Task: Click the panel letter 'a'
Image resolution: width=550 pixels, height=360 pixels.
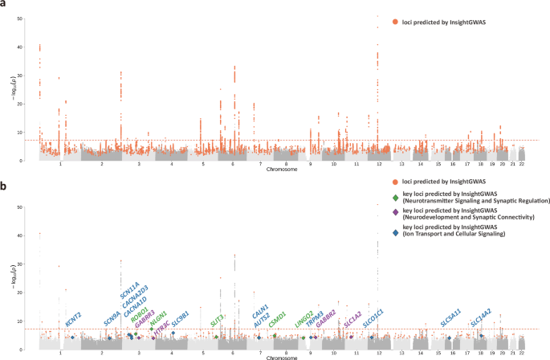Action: tap(5, 5)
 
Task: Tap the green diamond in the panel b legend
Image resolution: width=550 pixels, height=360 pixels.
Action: tap(395, 198)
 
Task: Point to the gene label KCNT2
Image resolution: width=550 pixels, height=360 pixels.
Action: tap(73, 320)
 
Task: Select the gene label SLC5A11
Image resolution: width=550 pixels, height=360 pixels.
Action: tap(450, 318)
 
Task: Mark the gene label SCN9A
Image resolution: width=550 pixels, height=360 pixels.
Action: tap(112, 318)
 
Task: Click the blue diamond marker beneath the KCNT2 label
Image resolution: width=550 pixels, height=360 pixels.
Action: tap(72, 337)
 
